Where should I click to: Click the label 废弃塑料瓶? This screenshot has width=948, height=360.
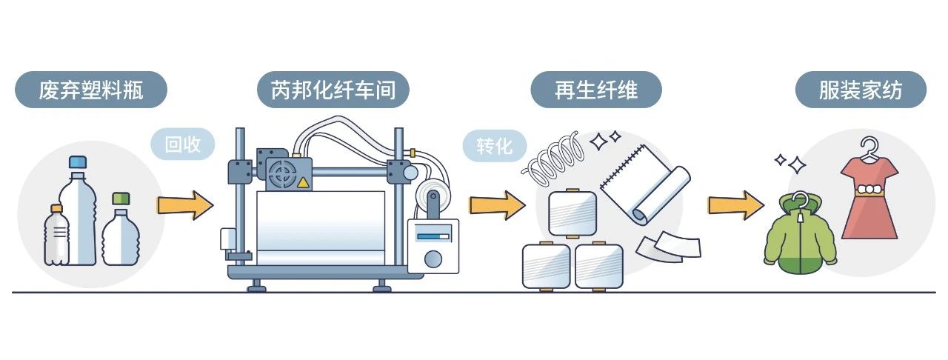90,90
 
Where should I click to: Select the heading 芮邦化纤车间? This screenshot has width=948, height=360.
333,90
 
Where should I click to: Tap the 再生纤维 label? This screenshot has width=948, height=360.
595,90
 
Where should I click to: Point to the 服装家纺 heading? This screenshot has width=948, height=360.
860,90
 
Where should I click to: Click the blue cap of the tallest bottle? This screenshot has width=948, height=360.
79,161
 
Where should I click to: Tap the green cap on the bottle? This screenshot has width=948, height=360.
121,198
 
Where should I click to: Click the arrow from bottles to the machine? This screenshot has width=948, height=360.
184,204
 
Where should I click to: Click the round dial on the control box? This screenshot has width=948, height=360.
433,259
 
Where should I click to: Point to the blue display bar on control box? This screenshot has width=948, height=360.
433,237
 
